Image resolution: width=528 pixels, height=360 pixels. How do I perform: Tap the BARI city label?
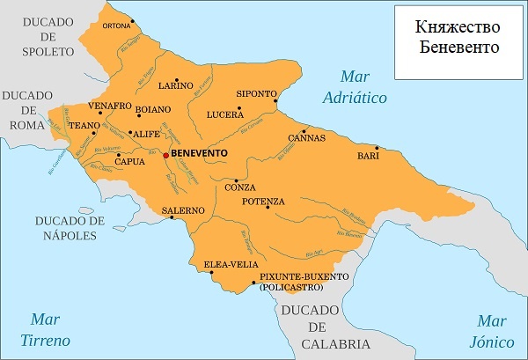(368, 156)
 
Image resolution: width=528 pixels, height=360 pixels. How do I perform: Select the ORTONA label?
(116, 26)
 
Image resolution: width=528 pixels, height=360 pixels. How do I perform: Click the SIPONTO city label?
(256, 93)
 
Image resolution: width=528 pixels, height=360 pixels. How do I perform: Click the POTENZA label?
(263, 202)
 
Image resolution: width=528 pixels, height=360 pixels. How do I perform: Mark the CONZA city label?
(239, 187)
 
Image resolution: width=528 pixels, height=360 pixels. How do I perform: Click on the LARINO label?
(175, 85)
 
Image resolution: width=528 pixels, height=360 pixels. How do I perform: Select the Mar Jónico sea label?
(491, 329)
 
